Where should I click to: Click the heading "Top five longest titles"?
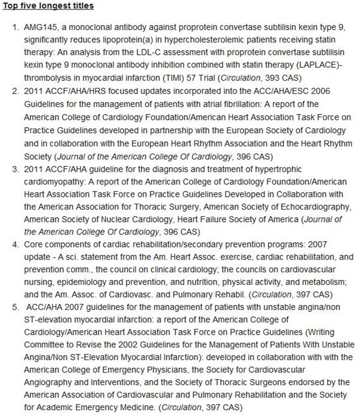coord(45,7)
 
